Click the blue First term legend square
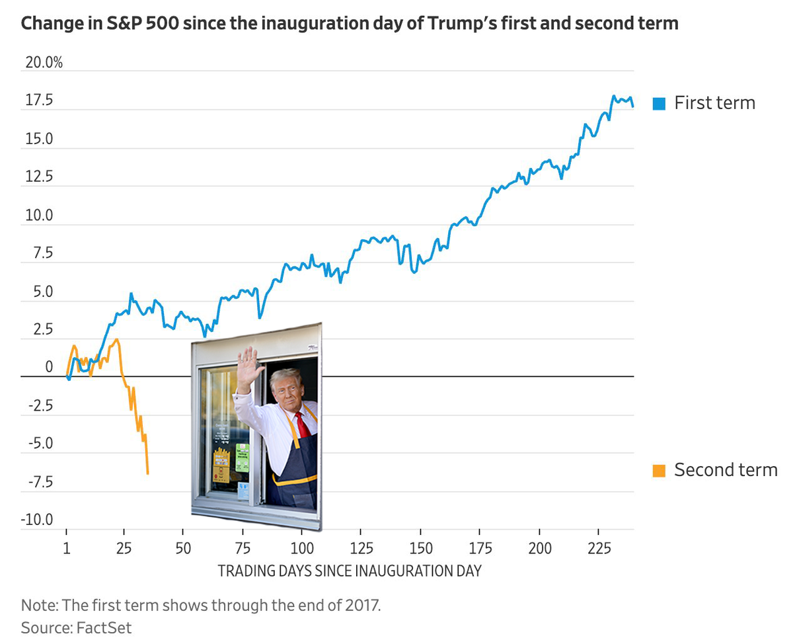coord(658,103)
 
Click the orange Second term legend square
coord(658,470)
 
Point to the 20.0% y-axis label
coord(44,63)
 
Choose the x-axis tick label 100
coord(302,549)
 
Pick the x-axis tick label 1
coord(67,549)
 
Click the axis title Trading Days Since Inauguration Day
coord(350,571)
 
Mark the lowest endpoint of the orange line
coord(147,473)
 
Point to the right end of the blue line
coord(632,106)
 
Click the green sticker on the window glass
coord(243,458)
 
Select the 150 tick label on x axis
coord(421,549)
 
